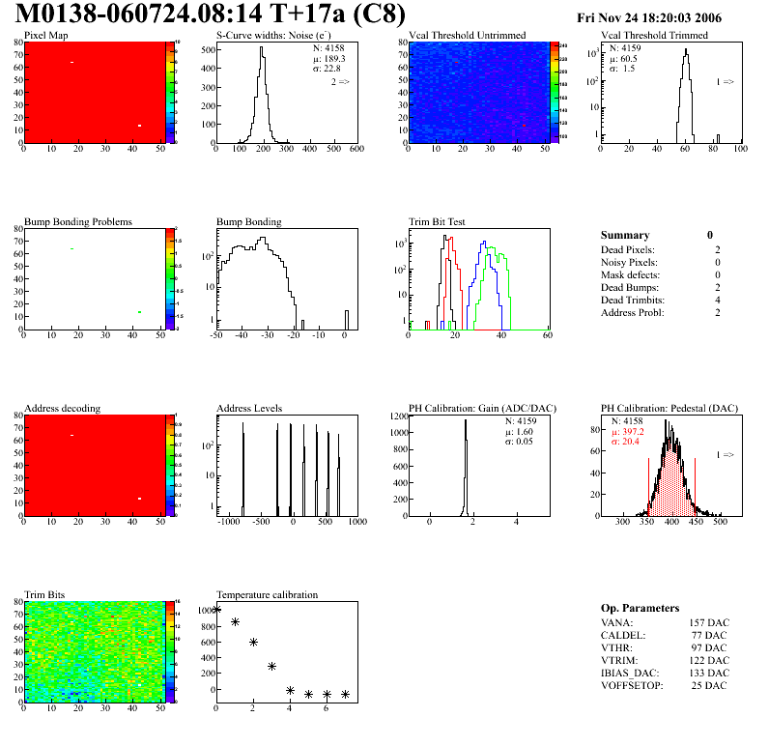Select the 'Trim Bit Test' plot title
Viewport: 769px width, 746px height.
(x=438, y=222)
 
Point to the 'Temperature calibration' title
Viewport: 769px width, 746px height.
(x=267, y=594)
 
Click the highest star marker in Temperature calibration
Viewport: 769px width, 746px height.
(x=216, y=609)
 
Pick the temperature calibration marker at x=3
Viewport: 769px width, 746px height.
(x=272, y=666)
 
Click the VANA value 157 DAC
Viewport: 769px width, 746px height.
(x=709, y=623)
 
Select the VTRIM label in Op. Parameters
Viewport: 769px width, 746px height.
(x=618, y=661)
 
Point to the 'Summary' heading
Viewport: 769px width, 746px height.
(x=625, y=235)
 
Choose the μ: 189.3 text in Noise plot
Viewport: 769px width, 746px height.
(x=329, y=58)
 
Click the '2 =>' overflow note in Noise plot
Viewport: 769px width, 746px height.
(x=340, y=82)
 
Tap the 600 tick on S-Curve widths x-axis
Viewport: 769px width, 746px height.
(x=356, y=150)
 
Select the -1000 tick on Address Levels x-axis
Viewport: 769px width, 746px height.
(x=229, y=522)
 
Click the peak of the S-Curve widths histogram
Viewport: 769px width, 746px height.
(x=261, y=48)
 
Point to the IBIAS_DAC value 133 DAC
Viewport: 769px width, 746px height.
(x=709, y=674)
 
